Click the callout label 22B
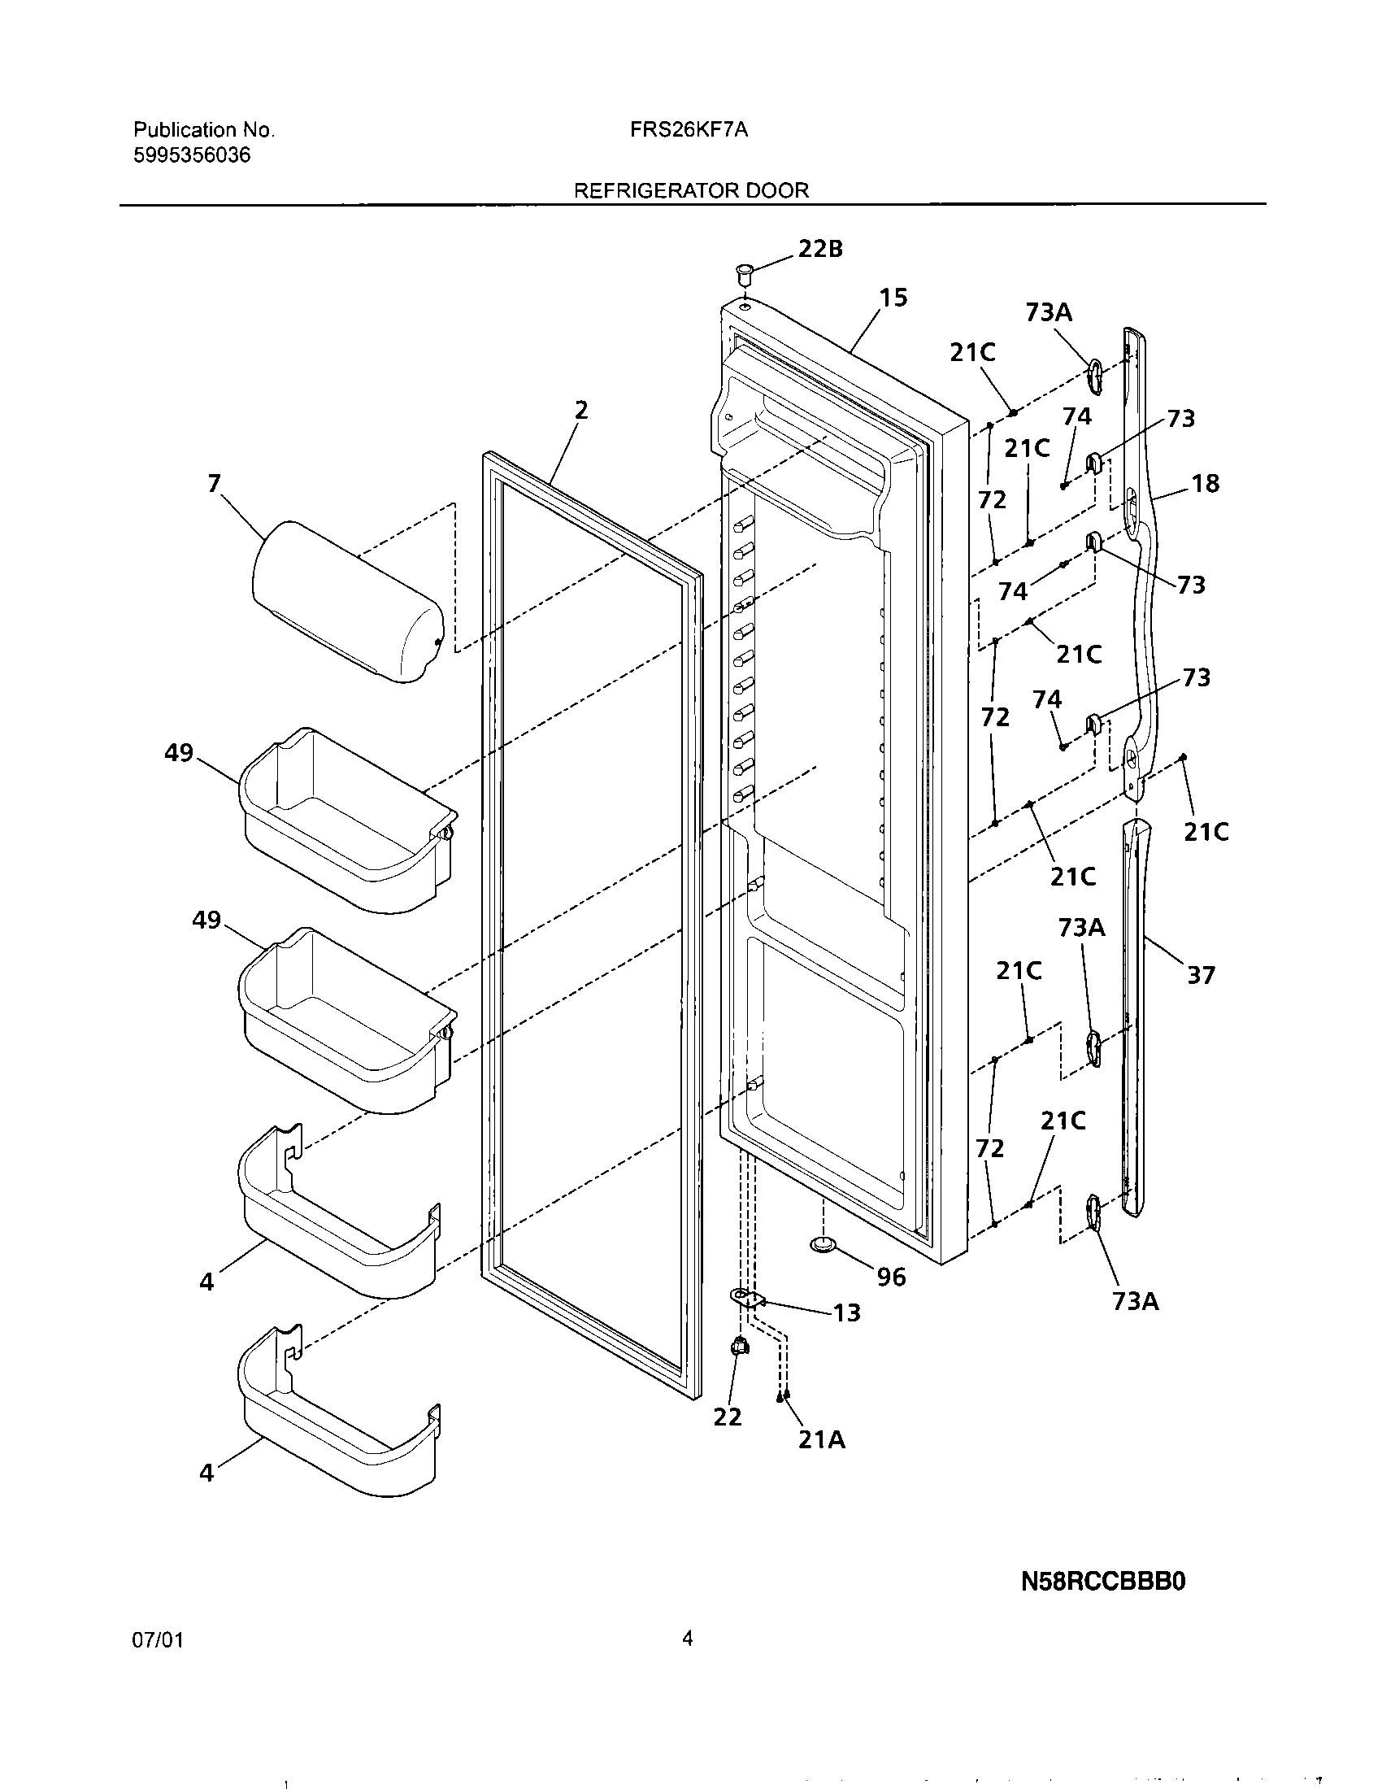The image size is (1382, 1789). pos(819,249)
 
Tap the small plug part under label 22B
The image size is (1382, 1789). pos(743,272)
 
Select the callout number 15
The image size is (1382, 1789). pos(893,298)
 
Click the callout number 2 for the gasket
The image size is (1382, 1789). pos(580,410)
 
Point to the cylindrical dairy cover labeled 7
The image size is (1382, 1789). pos(347,602)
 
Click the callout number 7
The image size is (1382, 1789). pos(214,484)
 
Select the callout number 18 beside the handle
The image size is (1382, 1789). pos(1205,483)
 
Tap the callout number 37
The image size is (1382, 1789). pos(1201,975)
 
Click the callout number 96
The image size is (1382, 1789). pos(891,1277)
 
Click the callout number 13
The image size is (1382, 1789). pos(846,1313)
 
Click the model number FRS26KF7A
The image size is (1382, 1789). pos(689,129)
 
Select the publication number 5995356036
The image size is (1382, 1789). pos(192,155)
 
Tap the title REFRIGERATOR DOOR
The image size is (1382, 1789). pos(691,190)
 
